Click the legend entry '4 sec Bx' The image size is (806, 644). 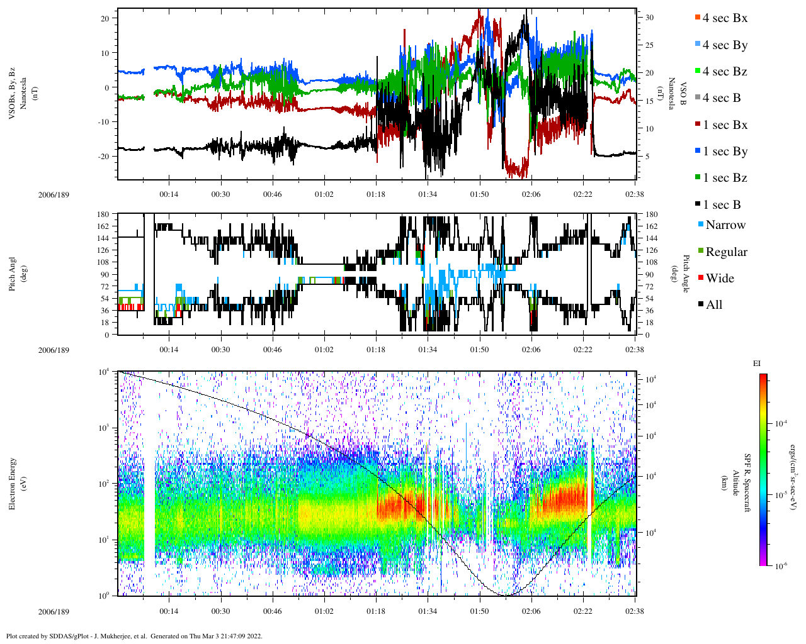[724, 18]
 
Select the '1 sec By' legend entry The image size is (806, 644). [724, 152]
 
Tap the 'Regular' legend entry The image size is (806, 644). [726, 252]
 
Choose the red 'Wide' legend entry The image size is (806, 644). [719, 279]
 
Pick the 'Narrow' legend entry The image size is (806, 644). [725, 225]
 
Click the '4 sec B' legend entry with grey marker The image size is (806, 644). [721, 98]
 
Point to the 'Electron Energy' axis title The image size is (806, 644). [13, 483]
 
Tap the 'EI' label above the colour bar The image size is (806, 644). [757, 364]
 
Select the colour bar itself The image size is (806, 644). [763, 470]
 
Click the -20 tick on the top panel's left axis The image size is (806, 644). [105, 157]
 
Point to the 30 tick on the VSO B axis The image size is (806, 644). [649, 18]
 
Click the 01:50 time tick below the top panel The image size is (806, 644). [479, 195]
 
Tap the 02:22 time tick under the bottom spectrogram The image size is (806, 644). [583, 611]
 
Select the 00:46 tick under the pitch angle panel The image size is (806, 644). [272, 350]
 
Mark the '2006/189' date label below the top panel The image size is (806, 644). [54, 195]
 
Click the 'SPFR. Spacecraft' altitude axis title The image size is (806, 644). [747, 483]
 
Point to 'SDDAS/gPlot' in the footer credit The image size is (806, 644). [66, 636]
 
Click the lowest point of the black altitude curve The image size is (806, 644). [506, 595]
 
